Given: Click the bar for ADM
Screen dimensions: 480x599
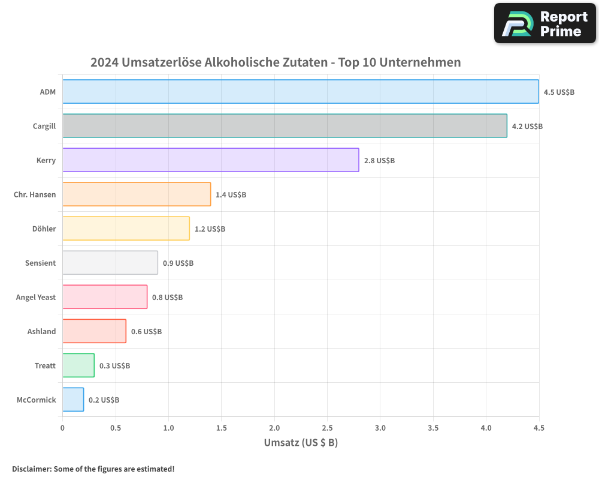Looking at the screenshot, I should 301,92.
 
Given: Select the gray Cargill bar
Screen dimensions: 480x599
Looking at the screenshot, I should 285,126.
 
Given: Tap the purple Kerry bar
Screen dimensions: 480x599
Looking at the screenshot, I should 211,160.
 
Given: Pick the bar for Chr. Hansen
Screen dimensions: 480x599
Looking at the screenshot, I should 137,194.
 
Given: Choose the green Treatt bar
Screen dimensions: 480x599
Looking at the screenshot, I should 78,365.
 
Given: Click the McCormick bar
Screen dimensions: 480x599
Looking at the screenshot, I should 73,400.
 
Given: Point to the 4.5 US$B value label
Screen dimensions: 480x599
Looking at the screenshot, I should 559,92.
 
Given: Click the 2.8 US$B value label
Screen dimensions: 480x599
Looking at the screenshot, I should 379,161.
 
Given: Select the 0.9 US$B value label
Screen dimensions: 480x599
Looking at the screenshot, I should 178,263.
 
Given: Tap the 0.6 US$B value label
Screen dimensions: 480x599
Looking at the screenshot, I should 146,332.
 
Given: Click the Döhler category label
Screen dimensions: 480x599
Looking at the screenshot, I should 44,229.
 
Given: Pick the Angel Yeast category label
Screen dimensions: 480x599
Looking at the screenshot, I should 36,297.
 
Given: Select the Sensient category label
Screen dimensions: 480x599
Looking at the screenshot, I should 40,263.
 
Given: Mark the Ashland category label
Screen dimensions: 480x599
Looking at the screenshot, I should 41,331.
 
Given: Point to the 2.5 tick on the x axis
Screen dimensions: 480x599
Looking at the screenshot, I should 327,428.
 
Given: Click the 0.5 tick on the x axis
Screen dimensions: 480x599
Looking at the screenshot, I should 116,428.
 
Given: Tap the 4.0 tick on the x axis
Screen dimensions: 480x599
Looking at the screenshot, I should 486,428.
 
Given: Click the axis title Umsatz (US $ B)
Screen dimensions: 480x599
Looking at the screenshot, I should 301,443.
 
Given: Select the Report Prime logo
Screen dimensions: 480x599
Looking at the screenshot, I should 545,23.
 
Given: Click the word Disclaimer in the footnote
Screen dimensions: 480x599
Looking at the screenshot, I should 31,469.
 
